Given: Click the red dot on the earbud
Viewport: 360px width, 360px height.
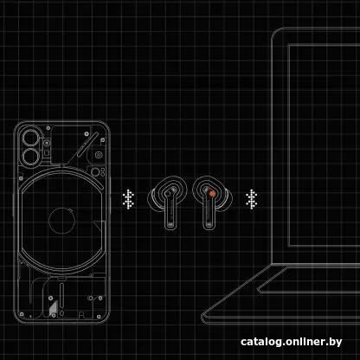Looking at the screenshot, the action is click(x=211, y=194).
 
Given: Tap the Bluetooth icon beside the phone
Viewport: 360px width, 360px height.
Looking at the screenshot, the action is click(x=128, y=199).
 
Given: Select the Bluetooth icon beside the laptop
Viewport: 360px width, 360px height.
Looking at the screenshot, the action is click(x=252, y=199).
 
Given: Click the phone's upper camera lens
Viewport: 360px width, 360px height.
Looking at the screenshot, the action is click(x=30, y=138).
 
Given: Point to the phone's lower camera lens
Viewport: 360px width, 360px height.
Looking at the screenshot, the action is click(x=30, y=157).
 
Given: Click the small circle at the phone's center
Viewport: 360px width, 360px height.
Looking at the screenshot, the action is click(x=62, y=221).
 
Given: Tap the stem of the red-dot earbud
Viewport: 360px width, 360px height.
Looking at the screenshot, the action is click(x=209, y=213).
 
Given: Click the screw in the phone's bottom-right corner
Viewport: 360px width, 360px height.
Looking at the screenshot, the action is click(x=99, y=317).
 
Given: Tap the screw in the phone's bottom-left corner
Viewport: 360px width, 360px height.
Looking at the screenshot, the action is click(x=22, y=314).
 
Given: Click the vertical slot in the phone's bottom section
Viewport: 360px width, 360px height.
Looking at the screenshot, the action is click(x=61, y=296).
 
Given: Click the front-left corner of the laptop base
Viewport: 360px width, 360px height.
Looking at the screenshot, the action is click(x=203, y=317).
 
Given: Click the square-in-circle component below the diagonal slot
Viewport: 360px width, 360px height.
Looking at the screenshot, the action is click(x=99, y=155).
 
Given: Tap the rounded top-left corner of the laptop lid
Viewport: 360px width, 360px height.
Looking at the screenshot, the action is click(x=274, y=31).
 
